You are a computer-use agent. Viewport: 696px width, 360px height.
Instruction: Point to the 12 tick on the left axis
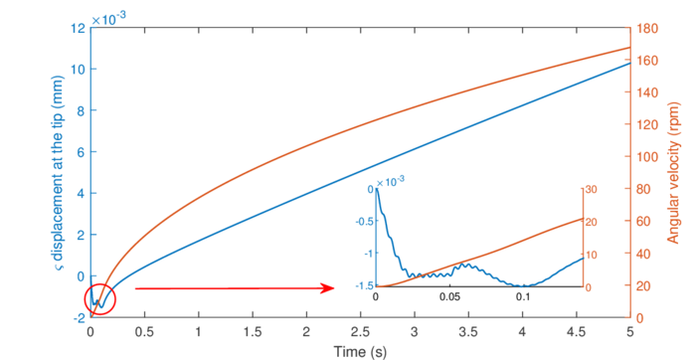(78, 28)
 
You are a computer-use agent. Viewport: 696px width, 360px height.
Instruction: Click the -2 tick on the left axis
(77, 318)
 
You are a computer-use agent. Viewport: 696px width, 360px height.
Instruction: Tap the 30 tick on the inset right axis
(590, 189)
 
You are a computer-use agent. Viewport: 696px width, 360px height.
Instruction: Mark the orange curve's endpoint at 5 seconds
(630, 47)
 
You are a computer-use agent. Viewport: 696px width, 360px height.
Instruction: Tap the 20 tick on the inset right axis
(590, 222)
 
